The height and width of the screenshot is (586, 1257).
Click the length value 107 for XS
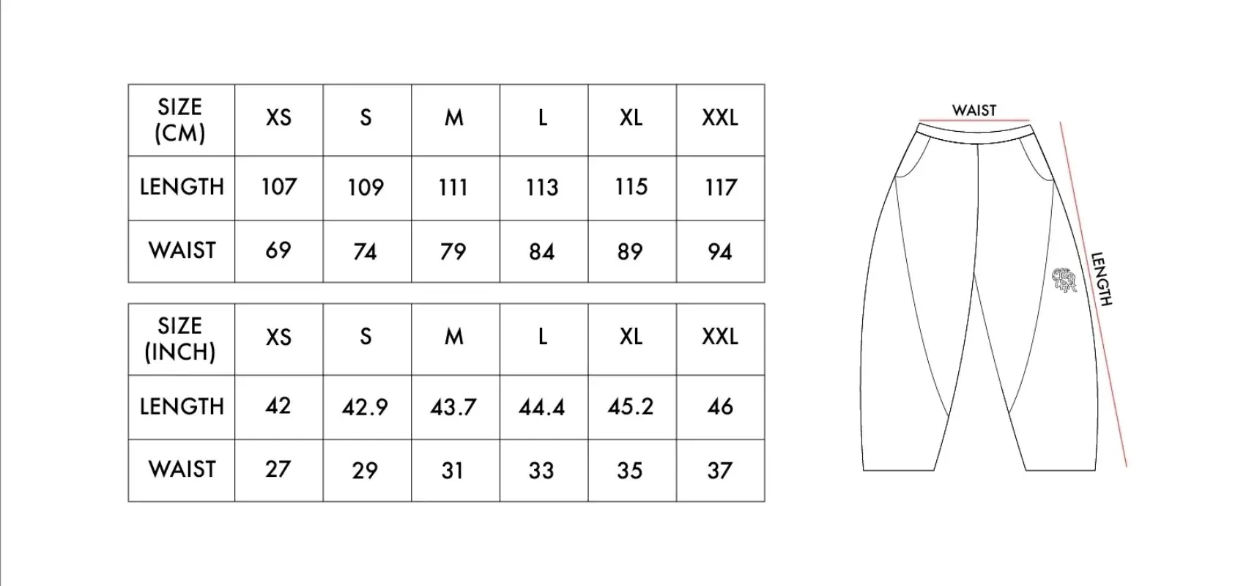click(279, 187)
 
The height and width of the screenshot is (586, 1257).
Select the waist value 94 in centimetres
click(720, 252)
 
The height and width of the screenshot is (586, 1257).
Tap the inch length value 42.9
click(365, 407)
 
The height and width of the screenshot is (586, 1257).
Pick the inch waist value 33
click(541, 470)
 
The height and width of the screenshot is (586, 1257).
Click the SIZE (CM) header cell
click(180, 120)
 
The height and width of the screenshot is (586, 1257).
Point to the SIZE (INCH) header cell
click(180, 339)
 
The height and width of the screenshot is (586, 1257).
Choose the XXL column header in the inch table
click(720, 337)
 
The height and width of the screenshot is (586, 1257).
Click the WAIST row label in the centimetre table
click(182, 251)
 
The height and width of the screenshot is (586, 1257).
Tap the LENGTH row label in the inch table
click(182, 407)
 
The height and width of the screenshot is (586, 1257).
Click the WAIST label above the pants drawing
click(974, 110)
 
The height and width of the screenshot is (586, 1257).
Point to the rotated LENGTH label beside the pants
click(1102, 279)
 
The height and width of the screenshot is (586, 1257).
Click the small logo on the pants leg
click(1064, 281)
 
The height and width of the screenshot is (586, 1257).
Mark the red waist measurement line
click(974, 121)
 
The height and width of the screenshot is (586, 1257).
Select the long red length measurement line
click(1094, 294)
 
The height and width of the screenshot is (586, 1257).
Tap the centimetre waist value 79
click(453, 252)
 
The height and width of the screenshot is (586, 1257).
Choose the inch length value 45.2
click(631, 407)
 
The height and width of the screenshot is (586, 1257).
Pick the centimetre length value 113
click(542, 188)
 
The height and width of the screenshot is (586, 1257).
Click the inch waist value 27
click(278, 469)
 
